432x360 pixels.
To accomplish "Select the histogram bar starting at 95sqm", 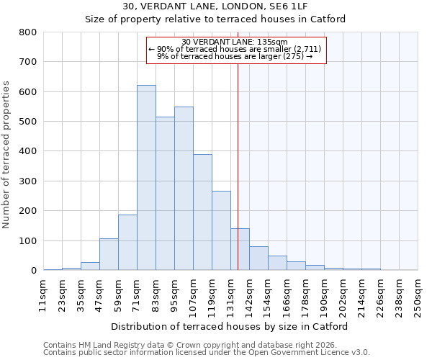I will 184,189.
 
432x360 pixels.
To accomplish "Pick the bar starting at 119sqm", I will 221,230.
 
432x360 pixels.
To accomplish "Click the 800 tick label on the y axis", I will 28,32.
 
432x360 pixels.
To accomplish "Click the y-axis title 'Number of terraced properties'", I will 7,154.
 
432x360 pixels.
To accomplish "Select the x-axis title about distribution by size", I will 230,326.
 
